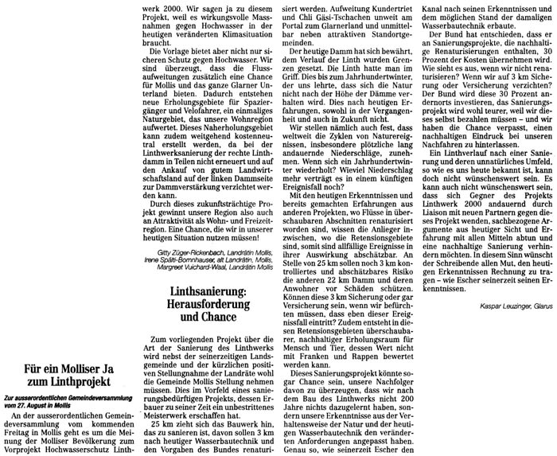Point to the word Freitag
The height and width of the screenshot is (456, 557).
23,431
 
